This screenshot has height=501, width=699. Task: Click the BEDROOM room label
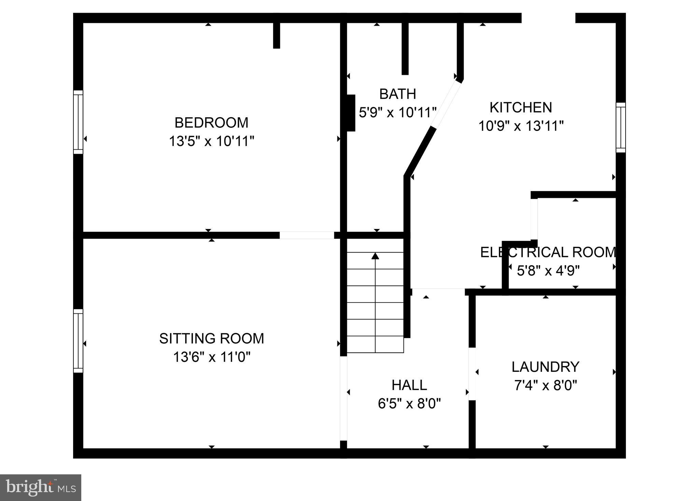(x=211, y=123)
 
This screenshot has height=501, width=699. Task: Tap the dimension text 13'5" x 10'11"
(x=211, y=141)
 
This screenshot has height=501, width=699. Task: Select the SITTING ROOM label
(x=211, y=338)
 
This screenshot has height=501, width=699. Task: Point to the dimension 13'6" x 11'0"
(x=211, y=357)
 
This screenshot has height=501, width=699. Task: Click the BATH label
(x=397, y=94)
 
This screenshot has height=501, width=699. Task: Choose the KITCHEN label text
(x=520, y=107)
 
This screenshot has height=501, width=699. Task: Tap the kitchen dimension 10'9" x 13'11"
(x=520, y=126)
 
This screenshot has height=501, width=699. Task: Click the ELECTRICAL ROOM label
(x=548, y=252)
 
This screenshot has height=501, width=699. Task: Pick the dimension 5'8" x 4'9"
(x=548, y=271)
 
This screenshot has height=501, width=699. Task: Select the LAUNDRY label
(x=545, y=367)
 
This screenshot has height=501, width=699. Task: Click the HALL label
(x=409, y=385)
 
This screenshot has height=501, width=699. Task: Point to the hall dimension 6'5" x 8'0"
(x=409, y=404)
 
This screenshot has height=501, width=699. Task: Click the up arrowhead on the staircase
(x=375, y=256)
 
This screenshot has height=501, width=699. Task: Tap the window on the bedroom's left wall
(x=78, y=122)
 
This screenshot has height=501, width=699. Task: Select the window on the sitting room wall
(x=78, y=341)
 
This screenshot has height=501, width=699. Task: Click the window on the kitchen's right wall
(x=620, y=127)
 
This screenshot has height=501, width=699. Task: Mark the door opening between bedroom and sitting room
(x=306, y=235)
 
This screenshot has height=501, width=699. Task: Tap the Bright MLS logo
(x=40, y=487)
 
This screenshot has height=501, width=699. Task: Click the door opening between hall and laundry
(x=472, y=374)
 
